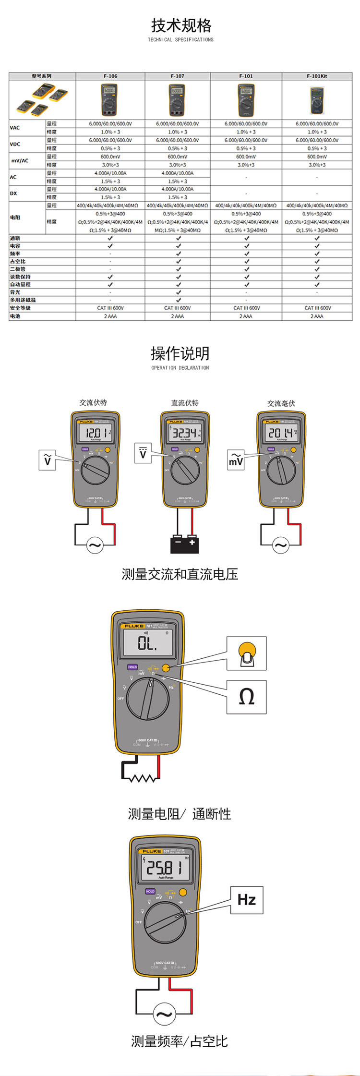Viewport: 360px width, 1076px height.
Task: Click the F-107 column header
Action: pyautogui.click(x=177, y=76)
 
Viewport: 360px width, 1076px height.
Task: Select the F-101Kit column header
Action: pyautogui.click(x=317, y=76)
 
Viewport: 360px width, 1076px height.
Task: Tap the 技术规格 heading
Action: pyautogui.click(x=181, y=25)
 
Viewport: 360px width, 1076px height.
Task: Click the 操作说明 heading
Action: pyautogui.click(x=180, y=353)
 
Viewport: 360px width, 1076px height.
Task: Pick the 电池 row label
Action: pyautogui.click(x=15, y=316)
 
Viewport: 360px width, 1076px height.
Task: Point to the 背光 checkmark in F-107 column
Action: pyautogui.click(x=178, y=292)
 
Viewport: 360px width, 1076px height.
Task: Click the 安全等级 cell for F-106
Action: pyautogui.click(x=110, y=308)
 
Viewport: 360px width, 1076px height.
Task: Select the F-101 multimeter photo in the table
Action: pyautogui.click(x=246, y=100)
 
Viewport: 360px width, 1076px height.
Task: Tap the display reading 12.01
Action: pyautogui.click(x=96, y=433)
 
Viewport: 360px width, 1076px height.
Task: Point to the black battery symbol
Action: pyautogui.click(x=184, y=544)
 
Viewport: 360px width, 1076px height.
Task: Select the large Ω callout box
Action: pyautogui.click(x=246, y=697)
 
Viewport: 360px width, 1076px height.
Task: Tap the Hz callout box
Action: pyautogui.click(x=247, y=900)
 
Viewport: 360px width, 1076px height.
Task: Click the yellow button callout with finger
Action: pyautogui.click(x=246, y=653)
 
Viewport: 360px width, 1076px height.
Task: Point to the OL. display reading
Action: pyautogui.click(x=148, y=643)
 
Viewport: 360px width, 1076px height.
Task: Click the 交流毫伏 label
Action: pyautogui.click(x=281, y=403)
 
